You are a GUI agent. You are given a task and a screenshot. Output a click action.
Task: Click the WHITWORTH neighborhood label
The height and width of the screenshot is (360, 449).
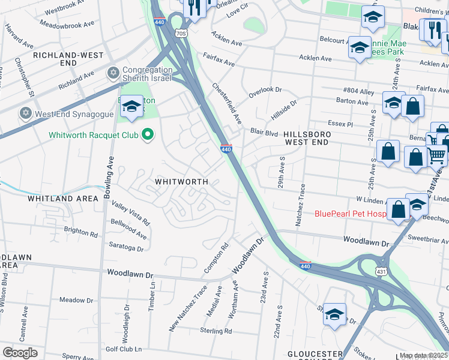[181, 181]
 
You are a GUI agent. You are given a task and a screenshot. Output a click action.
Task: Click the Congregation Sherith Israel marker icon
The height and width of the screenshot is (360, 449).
[112, 73]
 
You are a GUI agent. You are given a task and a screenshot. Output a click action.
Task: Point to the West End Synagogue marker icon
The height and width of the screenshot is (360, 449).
[25, 113]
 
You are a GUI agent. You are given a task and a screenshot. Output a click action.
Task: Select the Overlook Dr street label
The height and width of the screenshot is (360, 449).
[265, 90]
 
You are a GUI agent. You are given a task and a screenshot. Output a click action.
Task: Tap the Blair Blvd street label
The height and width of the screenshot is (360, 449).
[264, 131]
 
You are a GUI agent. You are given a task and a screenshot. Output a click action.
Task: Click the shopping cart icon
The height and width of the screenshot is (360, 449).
[437, 155]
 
